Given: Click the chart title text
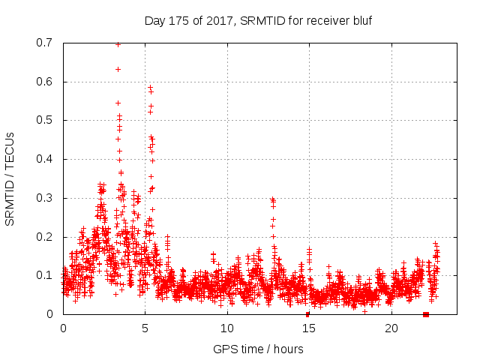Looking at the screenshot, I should (258, 20).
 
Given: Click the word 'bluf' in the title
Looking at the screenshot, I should (361, 20).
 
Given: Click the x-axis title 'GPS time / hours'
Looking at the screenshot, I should (258, 349).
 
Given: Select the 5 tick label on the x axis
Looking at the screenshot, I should (145, 328).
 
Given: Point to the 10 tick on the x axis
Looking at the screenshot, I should (226, 328).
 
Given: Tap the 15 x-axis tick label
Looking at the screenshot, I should (308, 328).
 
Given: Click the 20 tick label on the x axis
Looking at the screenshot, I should (390, 328).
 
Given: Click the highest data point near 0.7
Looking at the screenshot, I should (118, 44).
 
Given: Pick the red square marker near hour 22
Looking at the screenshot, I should (426, 314).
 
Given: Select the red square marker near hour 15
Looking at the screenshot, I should (307, 314).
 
